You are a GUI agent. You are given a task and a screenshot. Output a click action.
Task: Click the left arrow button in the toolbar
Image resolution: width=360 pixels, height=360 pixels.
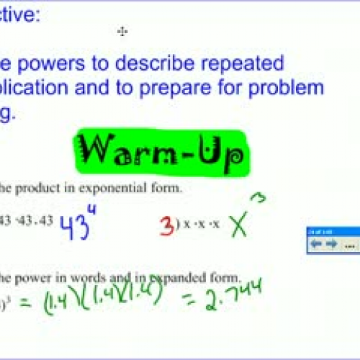coord(315,244)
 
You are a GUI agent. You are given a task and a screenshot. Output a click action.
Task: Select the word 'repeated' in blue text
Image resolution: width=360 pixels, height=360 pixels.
coord(244,63)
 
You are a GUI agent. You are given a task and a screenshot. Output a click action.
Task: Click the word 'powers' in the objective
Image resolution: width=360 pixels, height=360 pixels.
coord(59,63)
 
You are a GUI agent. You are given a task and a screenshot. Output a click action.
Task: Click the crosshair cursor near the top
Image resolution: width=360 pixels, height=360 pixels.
coord(122,31)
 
